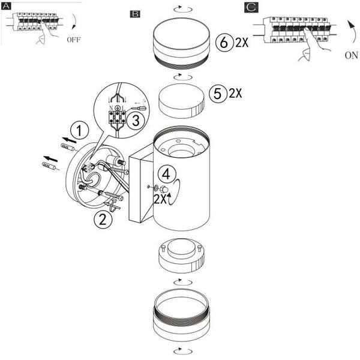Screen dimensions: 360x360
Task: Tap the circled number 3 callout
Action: pos(136,119)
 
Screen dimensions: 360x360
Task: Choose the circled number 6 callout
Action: pos(223,42)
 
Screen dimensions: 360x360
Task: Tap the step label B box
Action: pos(135,13)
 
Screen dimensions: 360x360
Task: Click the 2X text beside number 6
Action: pos(242,43)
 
